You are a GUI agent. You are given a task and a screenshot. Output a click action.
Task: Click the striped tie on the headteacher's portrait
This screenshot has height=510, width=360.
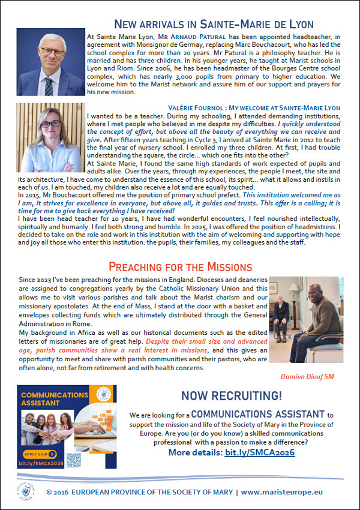click(48, 83)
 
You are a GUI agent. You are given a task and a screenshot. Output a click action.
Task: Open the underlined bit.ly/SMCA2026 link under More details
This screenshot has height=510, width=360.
click(259, 452)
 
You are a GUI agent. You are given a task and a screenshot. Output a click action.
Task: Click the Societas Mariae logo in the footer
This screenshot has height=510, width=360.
click(25, 490)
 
